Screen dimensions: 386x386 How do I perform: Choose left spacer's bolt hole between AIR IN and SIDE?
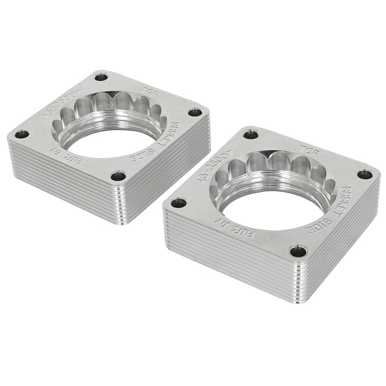(x=117, y=176)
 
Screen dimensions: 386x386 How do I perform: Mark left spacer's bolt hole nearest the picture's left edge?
(x=22, y=134)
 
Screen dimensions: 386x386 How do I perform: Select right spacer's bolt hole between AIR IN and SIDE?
(x=300, y=251)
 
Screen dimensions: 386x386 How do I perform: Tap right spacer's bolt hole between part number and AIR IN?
(x=178, y=203)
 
